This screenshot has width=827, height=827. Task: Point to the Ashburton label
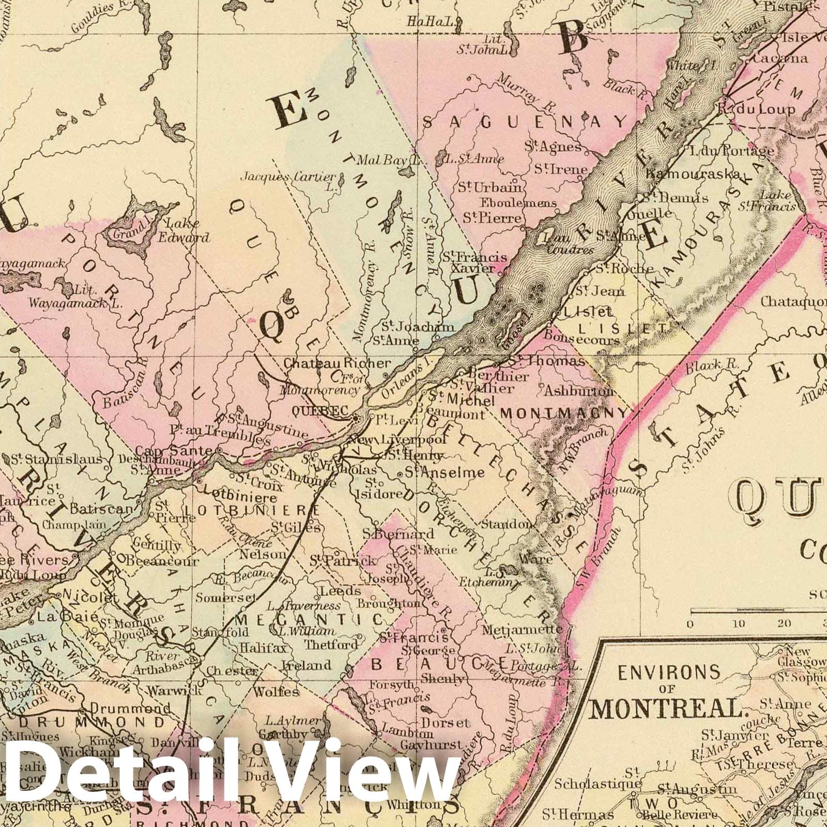click(x=578, y=391)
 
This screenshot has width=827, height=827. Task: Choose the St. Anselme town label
click(x=445, y=472)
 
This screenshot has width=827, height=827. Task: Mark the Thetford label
click(x=331, y=645)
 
